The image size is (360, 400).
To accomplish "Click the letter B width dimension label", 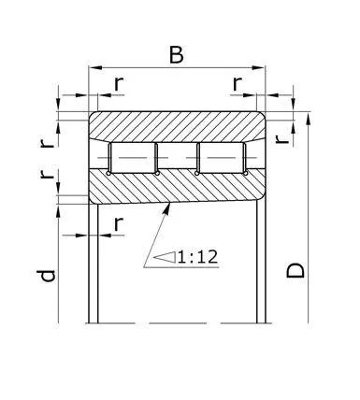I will [x=176, y=54].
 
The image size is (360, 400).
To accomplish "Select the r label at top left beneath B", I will [x=118, y=84].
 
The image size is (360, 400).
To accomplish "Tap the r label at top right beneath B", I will [x=238, y=84].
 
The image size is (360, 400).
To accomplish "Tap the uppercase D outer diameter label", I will [x=295, y=271].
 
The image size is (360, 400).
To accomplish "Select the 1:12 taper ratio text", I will [x=197, y=255].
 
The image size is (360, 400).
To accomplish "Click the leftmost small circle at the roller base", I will [x=110, y=172].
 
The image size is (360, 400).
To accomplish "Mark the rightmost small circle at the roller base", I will [x=243, y=172].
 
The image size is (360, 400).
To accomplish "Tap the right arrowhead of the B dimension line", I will [x=261, y=67].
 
